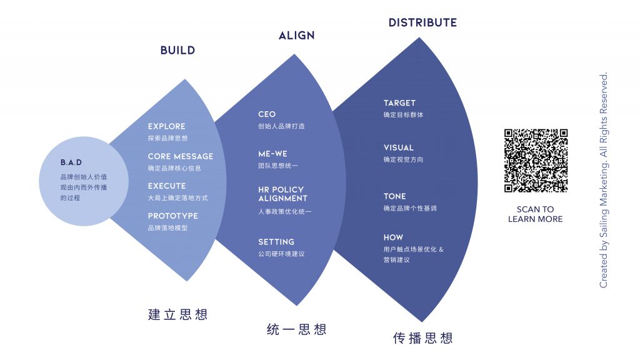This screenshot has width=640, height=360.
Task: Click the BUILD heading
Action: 177,50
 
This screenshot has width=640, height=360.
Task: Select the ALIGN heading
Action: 297,36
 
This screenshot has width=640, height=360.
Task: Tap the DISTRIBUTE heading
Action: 422,22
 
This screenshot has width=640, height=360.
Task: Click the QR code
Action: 536,161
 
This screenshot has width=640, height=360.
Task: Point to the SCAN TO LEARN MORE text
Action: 535,214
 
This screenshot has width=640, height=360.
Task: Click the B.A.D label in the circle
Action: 71,162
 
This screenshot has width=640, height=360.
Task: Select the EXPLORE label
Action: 166,126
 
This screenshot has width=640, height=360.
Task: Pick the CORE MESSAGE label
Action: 181,156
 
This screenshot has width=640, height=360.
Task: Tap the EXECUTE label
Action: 166,186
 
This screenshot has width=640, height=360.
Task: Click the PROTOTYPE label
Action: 172,216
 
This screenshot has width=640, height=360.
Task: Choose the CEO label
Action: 267,114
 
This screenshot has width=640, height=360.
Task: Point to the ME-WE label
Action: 272,154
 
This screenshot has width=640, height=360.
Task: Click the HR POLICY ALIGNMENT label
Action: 283,194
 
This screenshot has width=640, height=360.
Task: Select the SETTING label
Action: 276,242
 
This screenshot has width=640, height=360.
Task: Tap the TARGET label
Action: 399,103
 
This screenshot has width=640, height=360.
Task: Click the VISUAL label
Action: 399,147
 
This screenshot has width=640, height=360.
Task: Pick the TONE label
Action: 395,196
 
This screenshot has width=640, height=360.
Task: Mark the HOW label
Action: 393,237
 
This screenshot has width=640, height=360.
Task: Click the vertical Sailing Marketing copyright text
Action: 604,180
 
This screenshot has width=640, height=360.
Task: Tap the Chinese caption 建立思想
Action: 177,315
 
